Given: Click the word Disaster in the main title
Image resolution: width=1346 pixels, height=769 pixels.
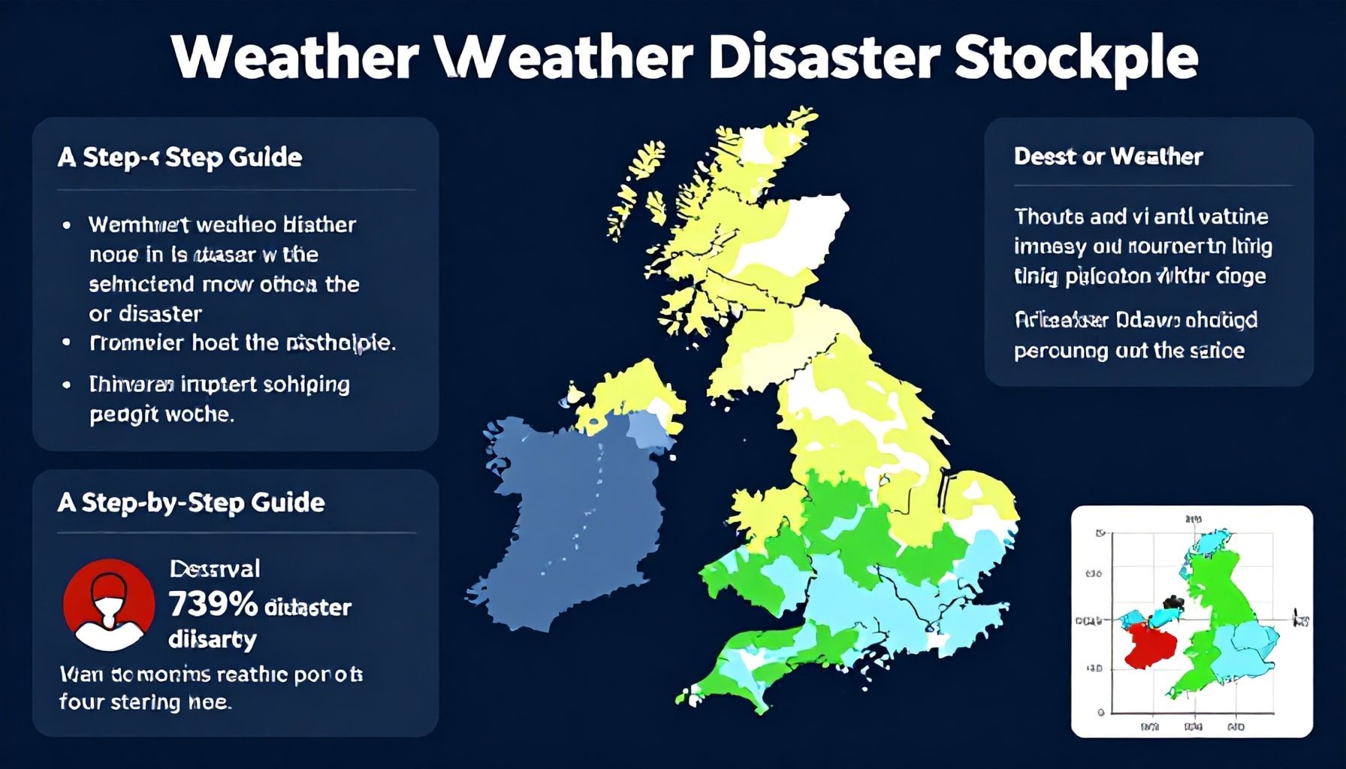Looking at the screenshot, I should point(823,56).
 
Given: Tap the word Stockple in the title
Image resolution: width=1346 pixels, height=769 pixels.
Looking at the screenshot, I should point(1076,56).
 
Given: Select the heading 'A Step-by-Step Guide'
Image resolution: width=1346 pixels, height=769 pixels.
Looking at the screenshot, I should point(191,502).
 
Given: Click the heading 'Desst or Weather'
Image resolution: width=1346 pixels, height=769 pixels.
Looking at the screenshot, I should point(1108,156).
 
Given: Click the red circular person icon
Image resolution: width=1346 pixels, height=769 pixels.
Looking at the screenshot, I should point(109,605).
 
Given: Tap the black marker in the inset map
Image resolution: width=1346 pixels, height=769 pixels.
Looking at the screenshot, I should point(1172,602).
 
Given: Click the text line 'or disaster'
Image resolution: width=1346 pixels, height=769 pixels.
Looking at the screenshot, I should point(145,314).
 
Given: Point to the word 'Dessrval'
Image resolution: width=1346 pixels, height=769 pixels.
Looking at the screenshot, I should point(215,568).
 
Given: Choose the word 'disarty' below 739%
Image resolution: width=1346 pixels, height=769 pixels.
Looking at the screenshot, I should point(213,639).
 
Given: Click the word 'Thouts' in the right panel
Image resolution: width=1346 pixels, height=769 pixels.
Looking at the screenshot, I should point(1048,217).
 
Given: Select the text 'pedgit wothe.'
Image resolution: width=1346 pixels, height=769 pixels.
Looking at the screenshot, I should point(161,414).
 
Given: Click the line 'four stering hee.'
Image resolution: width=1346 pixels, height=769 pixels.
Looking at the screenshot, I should point(145,702).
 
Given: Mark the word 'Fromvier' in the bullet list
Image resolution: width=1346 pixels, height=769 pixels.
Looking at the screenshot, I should point(136,343).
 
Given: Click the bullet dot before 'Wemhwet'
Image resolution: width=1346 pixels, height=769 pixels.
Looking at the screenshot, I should point(68,225).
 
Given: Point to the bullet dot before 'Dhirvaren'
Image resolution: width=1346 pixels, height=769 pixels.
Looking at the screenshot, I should point(68,384).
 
